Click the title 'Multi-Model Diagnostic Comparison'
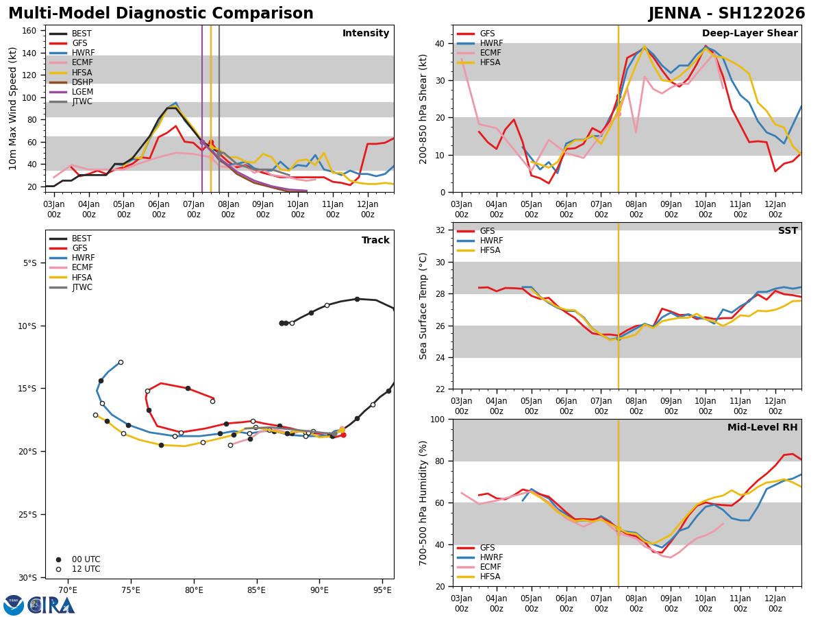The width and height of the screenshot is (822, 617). [x=161, y=14]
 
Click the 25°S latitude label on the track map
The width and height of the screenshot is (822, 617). [x=27, y=514]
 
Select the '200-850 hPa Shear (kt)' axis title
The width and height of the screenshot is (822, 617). [x=423, y=108]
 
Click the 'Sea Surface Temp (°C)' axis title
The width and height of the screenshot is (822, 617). [x=423, y=306]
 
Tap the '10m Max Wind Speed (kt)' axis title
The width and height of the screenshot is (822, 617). [x=14, y=108]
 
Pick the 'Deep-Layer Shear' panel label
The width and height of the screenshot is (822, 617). [x=749, y=34]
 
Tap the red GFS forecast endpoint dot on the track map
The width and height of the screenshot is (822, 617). [x=343, y=435]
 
